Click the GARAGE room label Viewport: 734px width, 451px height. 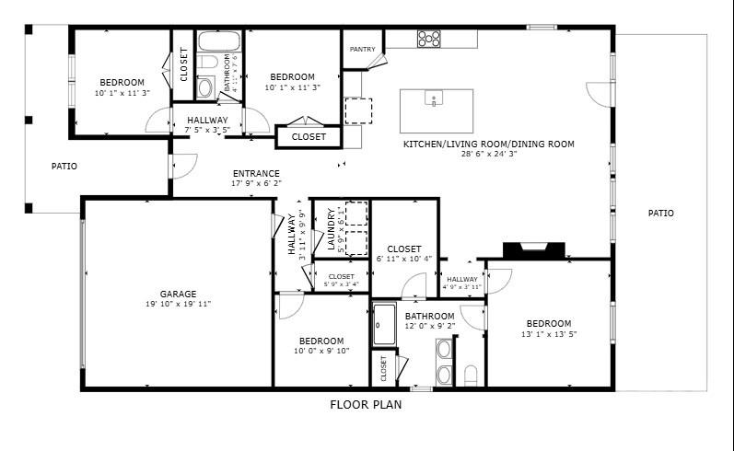click(178, 295)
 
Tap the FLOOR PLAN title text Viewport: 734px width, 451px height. click(366, 404)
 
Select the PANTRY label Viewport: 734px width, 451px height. click(361, 49)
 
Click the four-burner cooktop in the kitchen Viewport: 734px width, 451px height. click(428, 39)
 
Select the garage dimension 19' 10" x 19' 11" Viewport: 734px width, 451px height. click(178, 305)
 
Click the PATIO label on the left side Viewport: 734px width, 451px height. click(64, 167)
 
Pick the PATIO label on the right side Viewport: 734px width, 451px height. click(660, 214)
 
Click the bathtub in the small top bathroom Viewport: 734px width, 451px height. click(219, 41)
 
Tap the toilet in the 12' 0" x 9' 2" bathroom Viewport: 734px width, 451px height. click(471, 373)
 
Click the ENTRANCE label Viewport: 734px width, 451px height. click(256, 173)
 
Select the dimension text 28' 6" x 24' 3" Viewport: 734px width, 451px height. click(488, 154)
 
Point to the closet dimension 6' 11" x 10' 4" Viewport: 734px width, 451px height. click(404, 259)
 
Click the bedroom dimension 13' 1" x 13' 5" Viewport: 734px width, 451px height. click(549, 334)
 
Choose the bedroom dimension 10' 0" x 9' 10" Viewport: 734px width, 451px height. click(321, 350)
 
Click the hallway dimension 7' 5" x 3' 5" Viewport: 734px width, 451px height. click(207, 130)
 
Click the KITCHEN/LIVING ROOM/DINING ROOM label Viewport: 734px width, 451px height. click(488, 144)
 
